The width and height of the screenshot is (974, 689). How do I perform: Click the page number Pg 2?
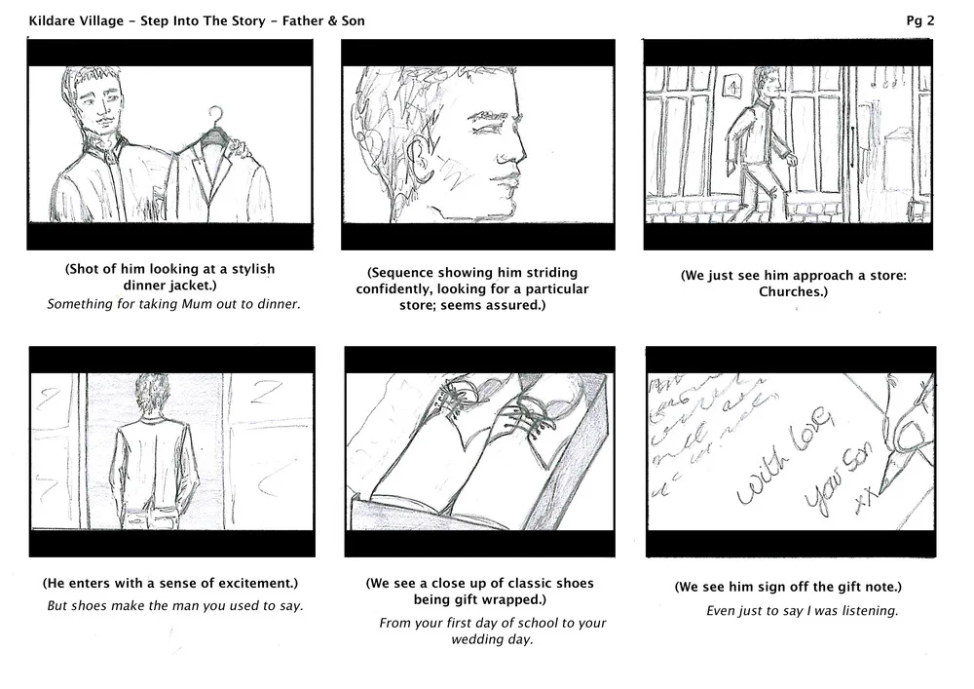point(920,20)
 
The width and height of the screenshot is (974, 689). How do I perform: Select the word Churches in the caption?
point(792,291)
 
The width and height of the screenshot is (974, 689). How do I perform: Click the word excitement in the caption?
point(245,583)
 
